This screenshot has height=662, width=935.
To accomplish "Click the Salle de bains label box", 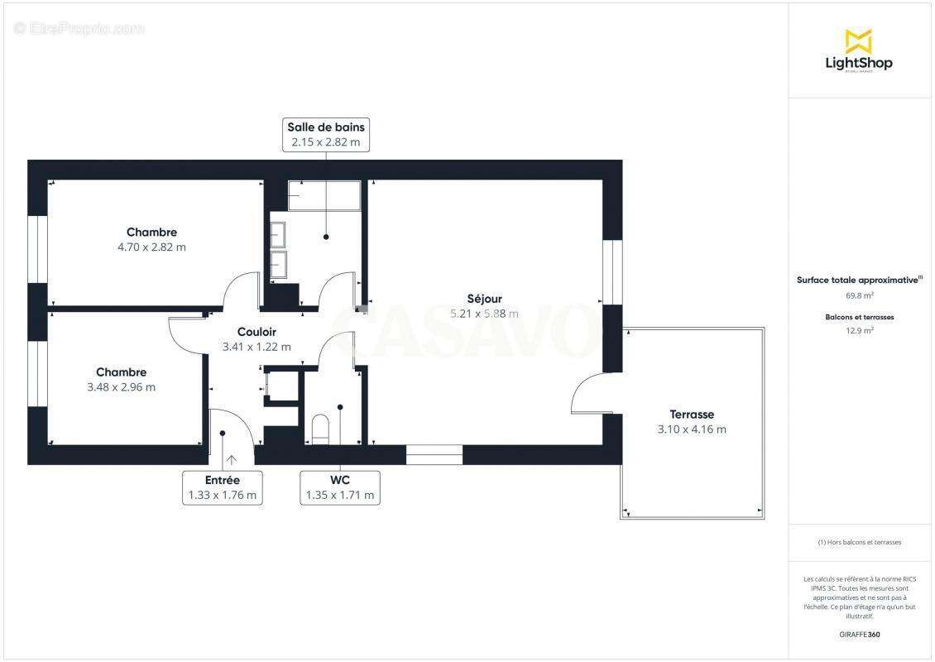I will tap(326, 134).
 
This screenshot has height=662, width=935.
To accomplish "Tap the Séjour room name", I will tap(484, 299).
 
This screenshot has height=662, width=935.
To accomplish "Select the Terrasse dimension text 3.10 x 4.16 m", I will tap(692, 429).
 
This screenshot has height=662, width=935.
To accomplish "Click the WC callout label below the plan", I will tap(340, 487).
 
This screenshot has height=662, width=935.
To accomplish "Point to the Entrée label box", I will tap(222, 487).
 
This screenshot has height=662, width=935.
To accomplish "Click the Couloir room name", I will tap(257, 332).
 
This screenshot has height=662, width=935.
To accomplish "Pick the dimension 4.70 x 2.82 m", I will tap(151, 247).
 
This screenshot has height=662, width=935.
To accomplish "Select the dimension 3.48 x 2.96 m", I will tap(121, 386).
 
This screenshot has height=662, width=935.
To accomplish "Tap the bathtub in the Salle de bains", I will tap(324, 195).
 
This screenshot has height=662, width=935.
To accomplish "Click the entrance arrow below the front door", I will tap(230, 459).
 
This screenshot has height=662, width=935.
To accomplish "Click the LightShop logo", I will tap(859, 51).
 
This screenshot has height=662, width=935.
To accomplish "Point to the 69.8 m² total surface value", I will tap(859, 295).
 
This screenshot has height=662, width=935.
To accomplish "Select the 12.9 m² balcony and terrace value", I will tap(859, 330).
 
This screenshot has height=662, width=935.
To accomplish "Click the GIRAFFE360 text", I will tap(859, 635).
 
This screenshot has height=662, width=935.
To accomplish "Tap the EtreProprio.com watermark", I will tap(79, 29).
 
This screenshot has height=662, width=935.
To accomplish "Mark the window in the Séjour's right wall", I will tap(612, 272).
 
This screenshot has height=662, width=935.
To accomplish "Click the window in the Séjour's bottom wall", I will tap(434, 454).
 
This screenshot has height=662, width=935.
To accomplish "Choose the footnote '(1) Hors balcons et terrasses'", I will tap(859, 542).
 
